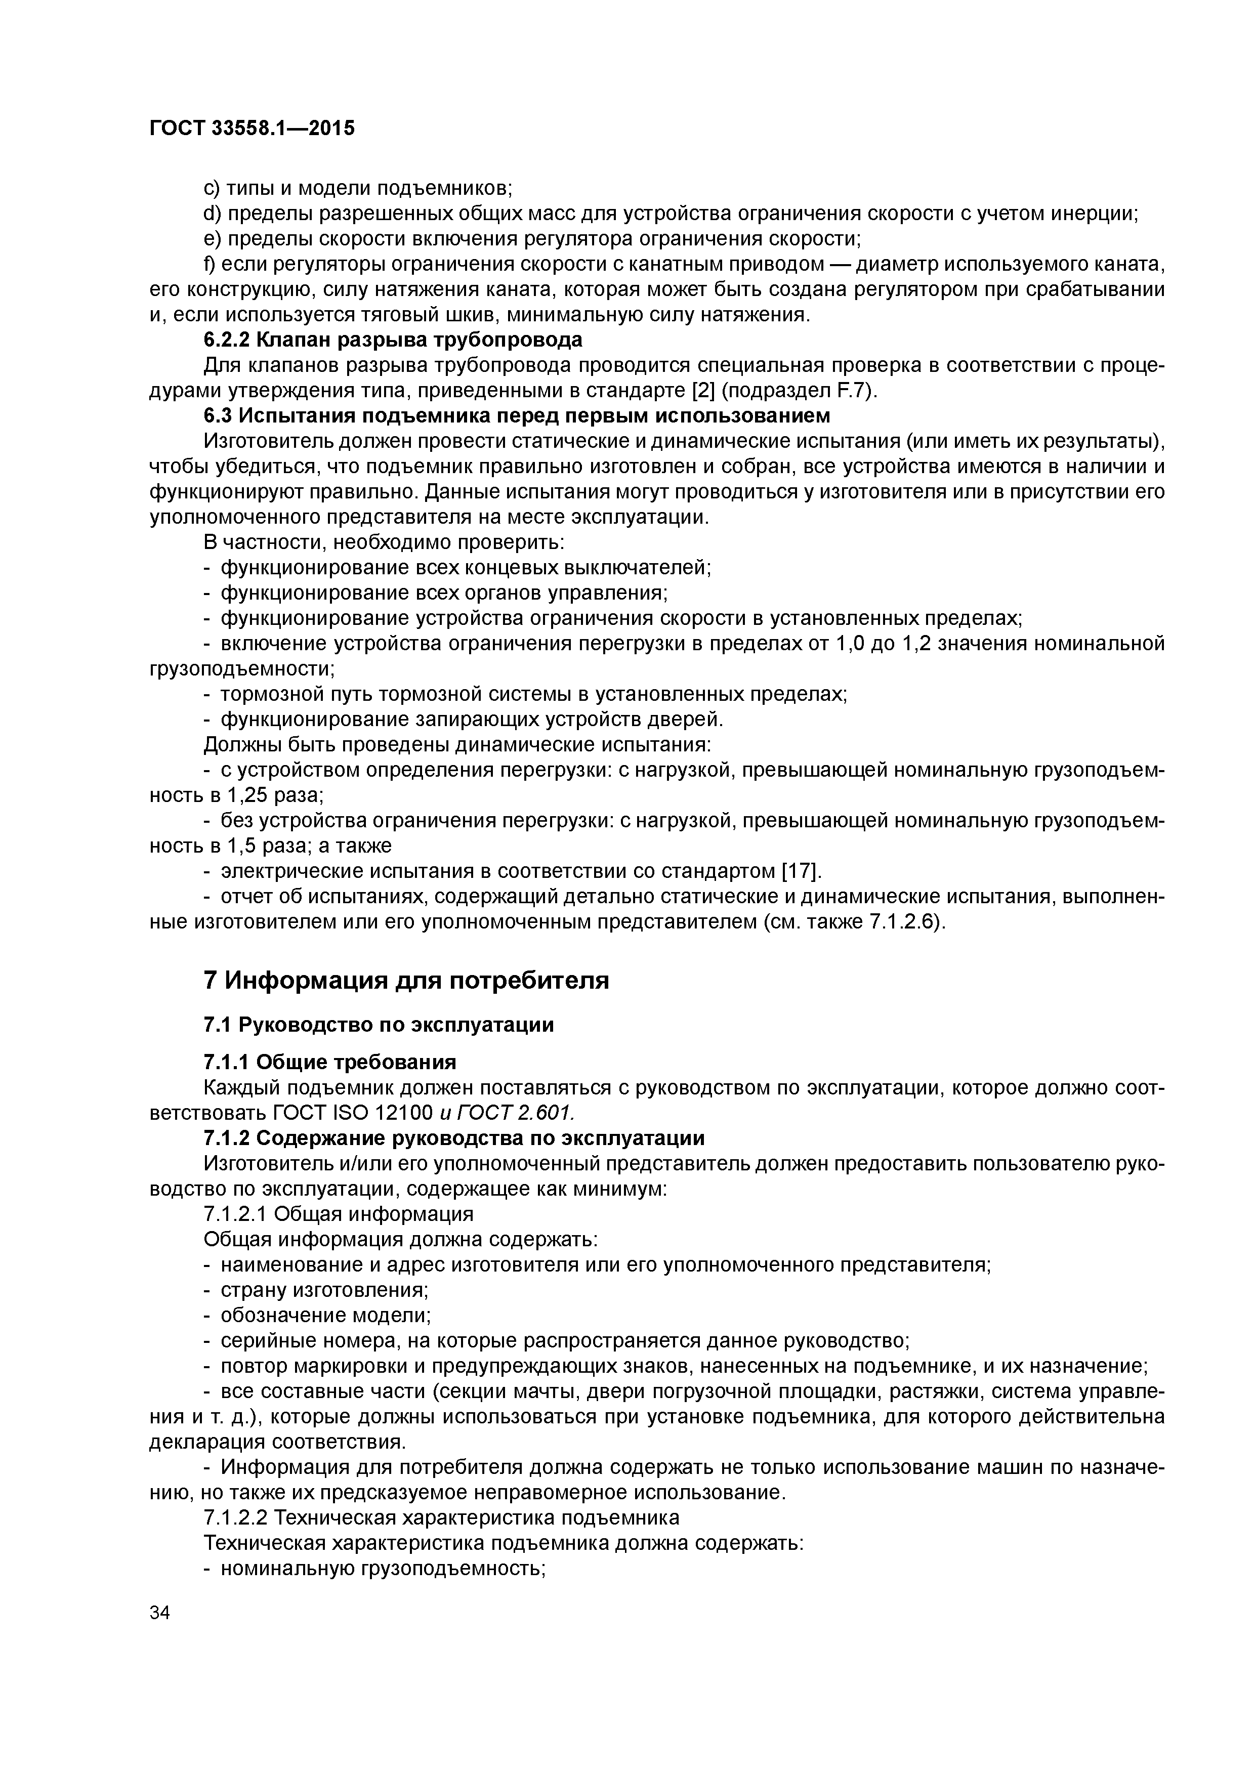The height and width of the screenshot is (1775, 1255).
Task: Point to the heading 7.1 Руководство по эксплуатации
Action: [x=378, y=1025]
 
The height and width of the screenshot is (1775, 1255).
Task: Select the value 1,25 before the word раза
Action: [x=246, y=795]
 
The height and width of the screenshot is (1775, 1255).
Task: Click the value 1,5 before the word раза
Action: [x=239, y=846]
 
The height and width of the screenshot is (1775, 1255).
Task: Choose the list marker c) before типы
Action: [x=211, y=188]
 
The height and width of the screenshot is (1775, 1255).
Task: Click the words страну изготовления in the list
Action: [x=325, y=1290]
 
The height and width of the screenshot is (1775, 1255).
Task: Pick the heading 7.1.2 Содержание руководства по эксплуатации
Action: [x=454, y=1138]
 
